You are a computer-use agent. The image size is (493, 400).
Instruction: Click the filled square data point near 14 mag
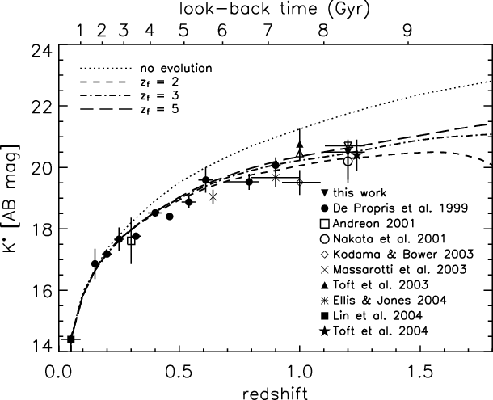point(70,339)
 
